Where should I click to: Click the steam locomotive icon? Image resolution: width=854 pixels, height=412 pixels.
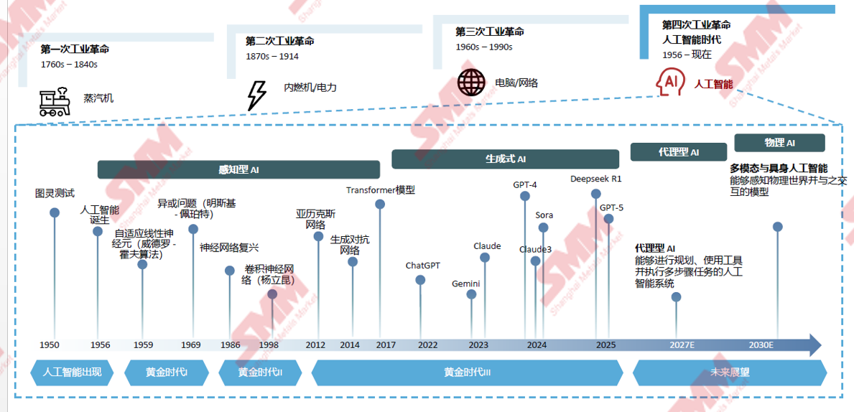click(55, 102)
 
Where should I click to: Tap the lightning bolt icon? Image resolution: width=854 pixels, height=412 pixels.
click(256, 95)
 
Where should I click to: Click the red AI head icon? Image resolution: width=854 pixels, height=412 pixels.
click(669, 83)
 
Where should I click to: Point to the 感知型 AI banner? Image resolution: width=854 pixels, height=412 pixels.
click(238, 169)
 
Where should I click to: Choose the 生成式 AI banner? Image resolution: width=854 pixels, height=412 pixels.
click(505, 159)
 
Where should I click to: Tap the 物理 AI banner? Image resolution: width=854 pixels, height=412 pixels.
click(779, 143)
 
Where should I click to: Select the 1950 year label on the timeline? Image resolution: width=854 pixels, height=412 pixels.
click(50, 345)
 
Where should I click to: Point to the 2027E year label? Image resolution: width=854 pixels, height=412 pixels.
click(682, 345)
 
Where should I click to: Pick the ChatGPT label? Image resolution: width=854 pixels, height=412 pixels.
click(422, 265)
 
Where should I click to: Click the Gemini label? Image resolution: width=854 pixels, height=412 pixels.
click(465, 284)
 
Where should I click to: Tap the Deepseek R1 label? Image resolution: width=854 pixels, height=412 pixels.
click(595, 178)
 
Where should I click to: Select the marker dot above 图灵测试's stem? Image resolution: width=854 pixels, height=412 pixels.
click(55, 212)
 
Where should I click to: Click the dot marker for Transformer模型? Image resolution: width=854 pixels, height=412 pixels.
click(380, 205)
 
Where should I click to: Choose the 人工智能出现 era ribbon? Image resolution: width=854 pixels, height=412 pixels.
click(72, 372)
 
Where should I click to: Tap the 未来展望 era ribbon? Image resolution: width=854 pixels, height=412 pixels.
click(730, 372)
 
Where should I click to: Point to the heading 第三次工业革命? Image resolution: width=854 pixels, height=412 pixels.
click(489, 32)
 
